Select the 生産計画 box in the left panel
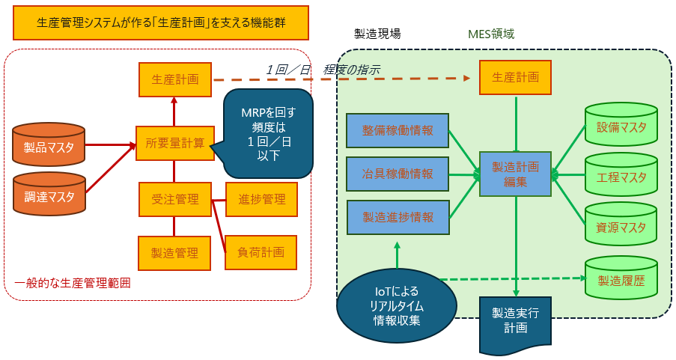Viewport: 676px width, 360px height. point(175,79)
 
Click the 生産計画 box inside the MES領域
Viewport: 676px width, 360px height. point(515,78)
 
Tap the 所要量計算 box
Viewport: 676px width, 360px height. point(174,143)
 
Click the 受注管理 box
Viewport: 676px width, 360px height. point(174,199)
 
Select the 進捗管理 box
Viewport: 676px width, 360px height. point(261,199)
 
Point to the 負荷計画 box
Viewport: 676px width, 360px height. point(261,252)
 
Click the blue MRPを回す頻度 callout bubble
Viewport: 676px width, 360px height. point(268,133)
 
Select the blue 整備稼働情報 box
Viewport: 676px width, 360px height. point(397,129)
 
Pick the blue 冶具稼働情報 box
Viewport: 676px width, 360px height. point(397,174)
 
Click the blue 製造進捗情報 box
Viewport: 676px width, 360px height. point(397,217)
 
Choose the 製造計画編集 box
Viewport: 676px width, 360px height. point(515,174)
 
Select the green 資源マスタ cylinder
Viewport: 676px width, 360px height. point(621,225)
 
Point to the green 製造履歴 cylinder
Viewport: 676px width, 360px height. point(621,278)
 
